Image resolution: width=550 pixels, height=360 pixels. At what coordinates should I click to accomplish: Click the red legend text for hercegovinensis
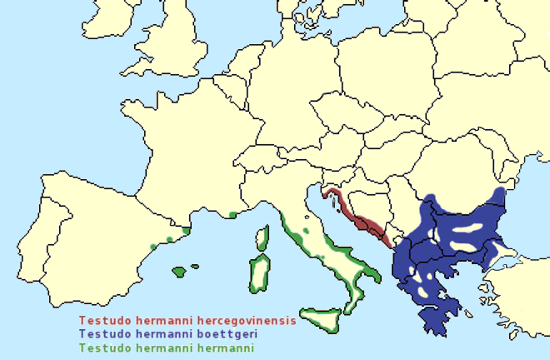(x=187, y=320)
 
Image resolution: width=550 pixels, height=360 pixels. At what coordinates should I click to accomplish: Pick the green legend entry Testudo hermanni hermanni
(x=166, y=347)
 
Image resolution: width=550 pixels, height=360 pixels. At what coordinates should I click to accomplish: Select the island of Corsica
(x=263, y=239)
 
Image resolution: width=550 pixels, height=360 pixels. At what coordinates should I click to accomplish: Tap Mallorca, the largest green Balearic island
(x=179, y=272)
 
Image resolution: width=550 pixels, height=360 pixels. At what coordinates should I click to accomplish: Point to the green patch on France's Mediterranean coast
(x=232, y=215)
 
